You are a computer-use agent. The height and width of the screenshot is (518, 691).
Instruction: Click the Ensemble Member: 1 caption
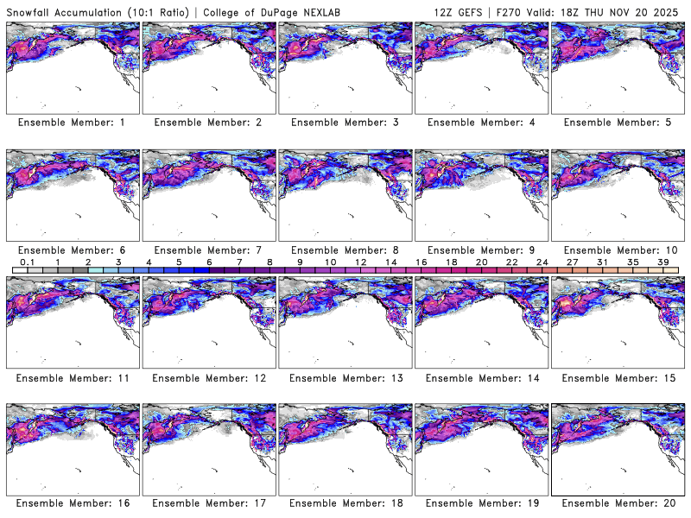pyautogui.click(x=72, y=123)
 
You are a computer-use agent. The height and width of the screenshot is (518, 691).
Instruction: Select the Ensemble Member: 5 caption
pyautogui.click(x=617, y=123)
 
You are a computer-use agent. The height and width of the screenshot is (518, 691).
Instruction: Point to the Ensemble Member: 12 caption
pyautogui.click(x=208, y=378)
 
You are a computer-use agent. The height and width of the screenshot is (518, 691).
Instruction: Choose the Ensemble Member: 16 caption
pyautogui.click(x=72, y=502)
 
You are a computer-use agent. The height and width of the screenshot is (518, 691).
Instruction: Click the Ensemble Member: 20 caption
pyautogui.click(x=617, y=502)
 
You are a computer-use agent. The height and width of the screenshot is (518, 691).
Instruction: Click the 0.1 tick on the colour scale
pyautogui.click(x=27, y=262)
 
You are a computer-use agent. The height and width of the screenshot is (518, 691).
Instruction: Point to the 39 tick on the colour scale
pyautogui.click(x=664, y=262)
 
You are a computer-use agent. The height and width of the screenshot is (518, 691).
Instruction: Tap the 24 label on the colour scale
pyautogui.click(x=542, y=262)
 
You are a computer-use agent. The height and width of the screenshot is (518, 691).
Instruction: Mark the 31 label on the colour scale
pyautogui.click(x=604, y=262)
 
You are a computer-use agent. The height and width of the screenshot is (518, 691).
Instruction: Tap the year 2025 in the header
pyautogui.click(x=669, y=9)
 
